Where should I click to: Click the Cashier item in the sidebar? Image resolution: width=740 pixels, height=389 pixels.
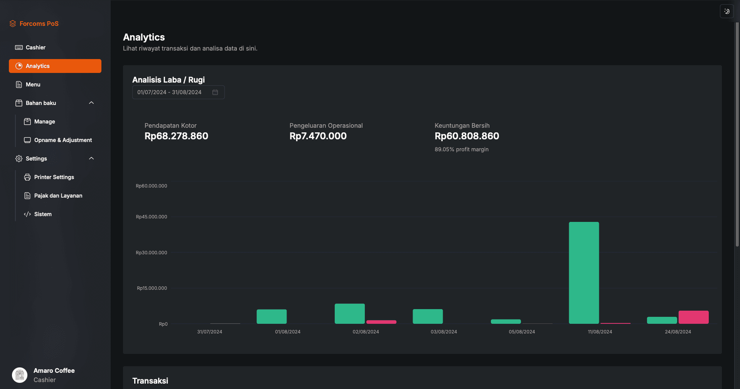click(x=35, y=47)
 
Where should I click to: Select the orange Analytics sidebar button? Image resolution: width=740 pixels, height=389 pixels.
click(x=55, y=66)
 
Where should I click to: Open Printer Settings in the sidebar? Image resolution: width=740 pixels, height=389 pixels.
click(x=54, y=177)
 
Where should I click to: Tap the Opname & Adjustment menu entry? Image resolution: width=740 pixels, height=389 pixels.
click(x=63, y=140)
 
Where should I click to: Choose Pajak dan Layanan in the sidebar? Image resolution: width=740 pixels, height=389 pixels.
click(x=58, y=196)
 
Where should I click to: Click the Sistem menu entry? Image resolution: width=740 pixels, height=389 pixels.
click(x=42, y=214)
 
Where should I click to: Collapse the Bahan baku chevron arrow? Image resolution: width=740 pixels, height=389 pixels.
click(x=91, y=103)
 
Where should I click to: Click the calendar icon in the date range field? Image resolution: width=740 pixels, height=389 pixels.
click(x=215, y=92)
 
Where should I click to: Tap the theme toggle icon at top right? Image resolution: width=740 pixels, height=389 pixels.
click(x=727, y=11)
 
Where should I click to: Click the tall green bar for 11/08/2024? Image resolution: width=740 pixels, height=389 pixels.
click(x=584, y=272)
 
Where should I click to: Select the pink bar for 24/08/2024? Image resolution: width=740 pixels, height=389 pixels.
click(x=693, y=317)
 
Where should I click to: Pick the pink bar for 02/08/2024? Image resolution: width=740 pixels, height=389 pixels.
click(x=381, y=322)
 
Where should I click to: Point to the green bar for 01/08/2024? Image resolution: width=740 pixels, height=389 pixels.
click(x=271, y=316)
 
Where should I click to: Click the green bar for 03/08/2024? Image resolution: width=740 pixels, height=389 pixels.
click(x=428, y=316)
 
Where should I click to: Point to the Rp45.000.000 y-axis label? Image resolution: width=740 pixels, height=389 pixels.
click(x=152, y=217)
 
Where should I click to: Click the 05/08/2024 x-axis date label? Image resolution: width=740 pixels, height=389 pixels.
click(x=522, y=332)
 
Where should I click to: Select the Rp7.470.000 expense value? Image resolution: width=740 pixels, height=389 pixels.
click(x=318, y=136)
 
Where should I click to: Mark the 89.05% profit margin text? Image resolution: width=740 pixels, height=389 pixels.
click(x=462, y=149)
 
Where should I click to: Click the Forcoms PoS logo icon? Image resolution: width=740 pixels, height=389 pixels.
click(x=13, y=24)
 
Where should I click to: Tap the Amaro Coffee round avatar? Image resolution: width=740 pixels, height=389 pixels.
click(x=20, y=375)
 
